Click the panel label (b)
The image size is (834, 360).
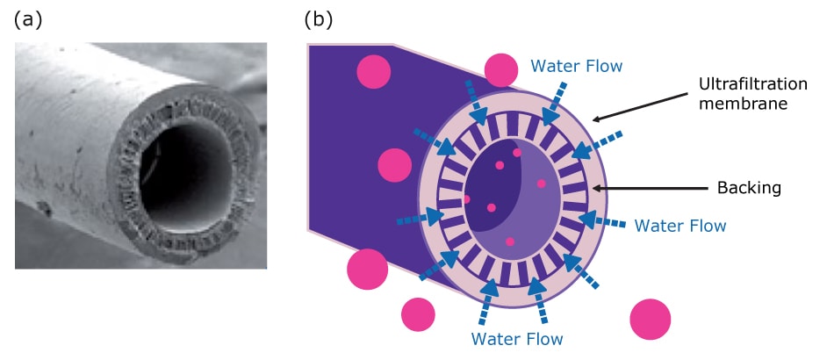pos(319,18)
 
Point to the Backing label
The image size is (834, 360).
pos(749,188)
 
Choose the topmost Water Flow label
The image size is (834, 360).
pos(577,65)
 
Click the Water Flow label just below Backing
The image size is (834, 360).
pos(679,226)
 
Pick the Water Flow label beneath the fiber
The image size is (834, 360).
pos(517,337)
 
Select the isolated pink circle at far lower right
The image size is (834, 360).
pos(650,319)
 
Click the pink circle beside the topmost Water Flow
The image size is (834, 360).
pos(501,70)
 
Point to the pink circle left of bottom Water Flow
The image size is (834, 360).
pos(418,313)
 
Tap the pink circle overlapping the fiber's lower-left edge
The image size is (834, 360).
pos(366,268)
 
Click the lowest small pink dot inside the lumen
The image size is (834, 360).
pos(509,241)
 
